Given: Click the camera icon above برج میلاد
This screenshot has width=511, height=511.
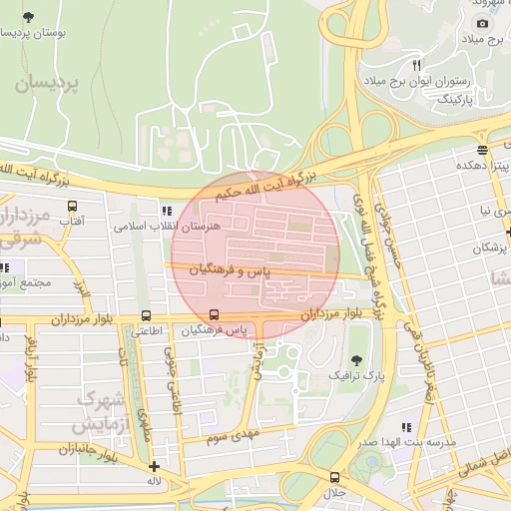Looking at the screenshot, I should pos(483,23).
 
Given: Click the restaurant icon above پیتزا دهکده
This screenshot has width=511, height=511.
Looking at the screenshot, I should pos(483,150).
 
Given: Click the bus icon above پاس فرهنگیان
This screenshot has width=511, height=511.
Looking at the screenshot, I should pos(215,313).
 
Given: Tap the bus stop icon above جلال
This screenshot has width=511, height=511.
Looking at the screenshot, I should pos(335,475).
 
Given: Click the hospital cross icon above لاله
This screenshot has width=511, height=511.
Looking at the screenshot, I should pos(153,466).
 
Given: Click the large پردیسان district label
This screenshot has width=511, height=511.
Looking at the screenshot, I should pos(46,84).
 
